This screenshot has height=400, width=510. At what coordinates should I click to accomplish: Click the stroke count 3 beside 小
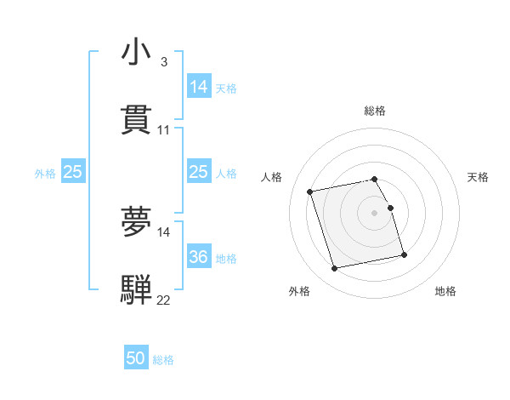click(163, 62)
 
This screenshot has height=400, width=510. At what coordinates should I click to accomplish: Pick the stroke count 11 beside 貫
click(164, 130)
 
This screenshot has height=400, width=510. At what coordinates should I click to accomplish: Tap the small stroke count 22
click(164, 300)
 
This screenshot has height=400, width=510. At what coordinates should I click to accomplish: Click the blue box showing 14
click(198, 87)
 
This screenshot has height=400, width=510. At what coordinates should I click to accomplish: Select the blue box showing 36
click(198, 257)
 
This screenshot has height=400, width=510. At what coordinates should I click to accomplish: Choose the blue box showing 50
click(136, 358)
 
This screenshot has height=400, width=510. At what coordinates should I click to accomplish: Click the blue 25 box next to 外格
click(72, 172)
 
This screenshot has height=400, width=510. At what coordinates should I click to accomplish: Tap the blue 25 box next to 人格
click(198, 172)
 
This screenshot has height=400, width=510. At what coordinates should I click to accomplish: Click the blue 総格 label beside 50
click(163, 360)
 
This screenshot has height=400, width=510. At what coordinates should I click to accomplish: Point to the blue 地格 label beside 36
click(226, 259)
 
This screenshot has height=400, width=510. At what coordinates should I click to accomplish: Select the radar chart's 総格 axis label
click(375, 111)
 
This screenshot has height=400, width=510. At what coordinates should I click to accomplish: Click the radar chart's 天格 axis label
click(478, 177)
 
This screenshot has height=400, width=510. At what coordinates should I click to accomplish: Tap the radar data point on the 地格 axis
click(404, 254)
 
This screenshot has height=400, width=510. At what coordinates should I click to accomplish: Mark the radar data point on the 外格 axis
click(335, 269)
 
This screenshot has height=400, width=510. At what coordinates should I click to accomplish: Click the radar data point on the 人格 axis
click(310, 191)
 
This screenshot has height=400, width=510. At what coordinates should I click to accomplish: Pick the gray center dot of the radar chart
click(375, 213)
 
